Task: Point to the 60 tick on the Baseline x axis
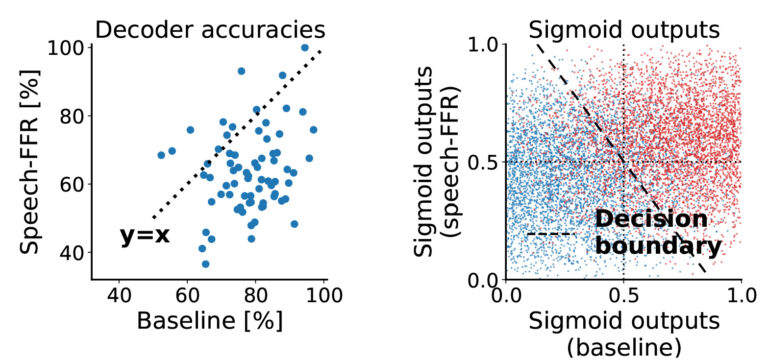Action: [x=187, y=295]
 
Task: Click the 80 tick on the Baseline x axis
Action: [x=255, y=295]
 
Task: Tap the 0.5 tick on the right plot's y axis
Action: [x=483, y=162]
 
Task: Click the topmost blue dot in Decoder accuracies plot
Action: [x=305, y=48]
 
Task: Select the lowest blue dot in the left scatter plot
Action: [x=205, y=264]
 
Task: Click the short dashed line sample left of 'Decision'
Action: [x=548, y=234]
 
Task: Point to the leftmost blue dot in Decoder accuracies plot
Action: [x=161, y=155]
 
